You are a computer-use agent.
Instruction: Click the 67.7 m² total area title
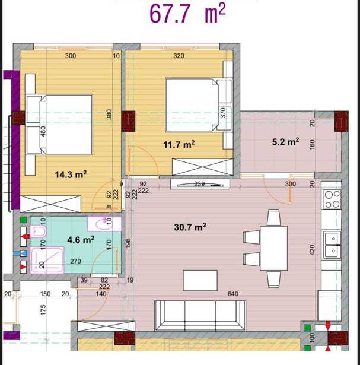click(x=187, y=14)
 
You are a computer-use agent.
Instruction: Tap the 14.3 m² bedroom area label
click(x=71, y=174)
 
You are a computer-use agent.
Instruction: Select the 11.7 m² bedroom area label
click(x=179, y=145)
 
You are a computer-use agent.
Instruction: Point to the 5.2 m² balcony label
click(x=285, y=142)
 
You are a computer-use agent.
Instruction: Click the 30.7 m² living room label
click(x=190, y=227)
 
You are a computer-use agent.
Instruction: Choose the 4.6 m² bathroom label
click(x=81, y=240)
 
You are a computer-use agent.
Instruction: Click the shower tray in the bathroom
click(x=47, y=261)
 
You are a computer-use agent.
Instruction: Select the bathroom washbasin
click(x=104, y=224)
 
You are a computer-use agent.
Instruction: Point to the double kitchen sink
click(x=333, y=245)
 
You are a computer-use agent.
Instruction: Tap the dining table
click(x=274, y=248)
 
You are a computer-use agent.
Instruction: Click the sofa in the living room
click(x=200, y=316)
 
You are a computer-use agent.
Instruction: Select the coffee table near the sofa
click(x=200, y=281)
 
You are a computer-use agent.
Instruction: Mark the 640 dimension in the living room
click(x=233, y=294)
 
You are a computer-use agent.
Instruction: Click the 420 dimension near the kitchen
click(x=312, y=250)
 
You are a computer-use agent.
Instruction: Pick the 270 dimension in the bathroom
click(x=75, y=261)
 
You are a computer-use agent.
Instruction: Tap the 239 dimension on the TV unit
click(x=199, y=184)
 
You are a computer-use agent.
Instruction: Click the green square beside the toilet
click(x=23, y=220)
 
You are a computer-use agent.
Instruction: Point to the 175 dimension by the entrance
click(x=43, y=310)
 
